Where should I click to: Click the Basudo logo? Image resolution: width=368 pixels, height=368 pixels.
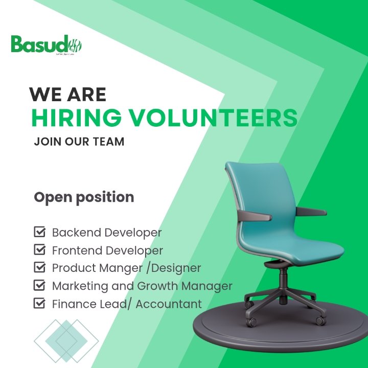click(x=47, y=45)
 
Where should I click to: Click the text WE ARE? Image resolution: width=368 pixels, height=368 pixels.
click(x=67, y=95)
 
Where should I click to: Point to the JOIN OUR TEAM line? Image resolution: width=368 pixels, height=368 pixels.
click(x=79, y=142)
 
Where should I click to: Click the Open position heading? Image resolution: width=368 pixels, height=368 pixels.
click(x=84, y=197)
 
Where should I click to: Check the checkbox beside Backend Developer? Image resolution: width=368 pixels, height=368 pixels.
click(x=39, y=233)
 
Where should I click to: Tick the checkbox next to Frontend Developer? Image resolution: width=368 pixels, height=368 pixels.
click(x=39, y=250)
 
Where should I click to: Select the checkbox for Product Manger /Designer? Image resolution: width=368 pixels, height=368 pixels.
click(x=39, y=267)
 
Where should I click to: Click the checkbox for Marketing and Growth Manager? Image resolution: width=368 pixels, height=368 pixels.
click(x=39, y=285)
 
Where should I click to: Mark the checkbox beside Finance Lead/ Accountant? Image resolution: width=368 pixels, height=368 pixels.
click(x=39, y=303)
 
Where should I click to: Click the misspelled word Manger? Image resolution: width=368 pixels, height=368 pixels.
click(x=118, y=268)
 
